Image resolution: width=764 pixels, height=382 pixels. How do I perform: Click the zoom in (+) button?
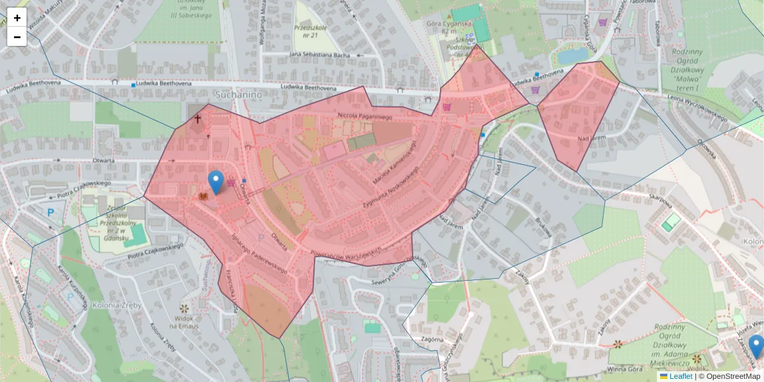click(x=17, y=18)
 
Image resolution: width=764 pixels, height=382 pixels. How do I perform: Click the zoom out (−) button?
click(x=17, y=37)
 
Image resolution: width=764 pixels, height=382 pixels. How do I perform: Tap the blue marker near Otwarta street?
click(x=216, y=182)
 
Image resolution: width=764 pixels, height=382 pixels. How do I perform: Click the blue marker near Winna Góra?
click(x=756, y=346)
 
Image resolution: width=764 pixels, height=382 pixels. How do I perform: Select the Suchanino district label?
click(x=239, y=94)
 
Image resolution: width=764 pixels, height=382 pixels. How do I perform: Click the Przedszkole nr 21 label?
click(x=310, y=32)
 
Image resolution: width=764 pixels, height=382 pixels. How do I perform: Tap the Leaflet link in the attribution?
click(x=681, y=376)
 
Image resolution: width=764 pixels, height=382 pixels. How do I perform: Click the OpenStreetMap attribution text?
click(x=733, y=376)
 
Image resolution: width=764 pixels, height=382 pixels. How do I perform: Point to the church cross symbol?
click(x=197, y=118)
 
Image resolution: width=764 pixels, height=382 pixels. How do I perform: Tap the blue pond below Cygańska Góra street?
click(x=573, y=56)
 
